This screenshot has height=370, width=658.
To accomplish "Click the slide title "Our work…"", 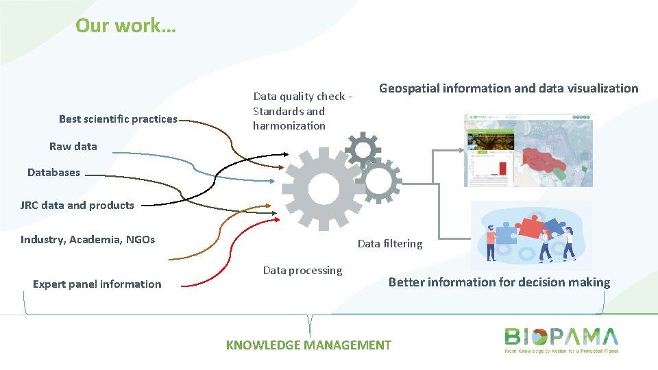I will (125, 25).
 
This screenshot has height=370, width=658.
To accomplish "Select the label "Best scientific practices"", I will (118, 119).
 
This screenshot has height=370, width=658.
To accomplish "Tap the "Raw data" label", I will (73, 146).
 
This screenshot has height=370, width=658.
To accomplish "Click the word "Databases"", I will (53, 173).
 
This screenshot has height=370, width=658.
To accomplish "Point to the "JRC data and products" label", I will (77, 205).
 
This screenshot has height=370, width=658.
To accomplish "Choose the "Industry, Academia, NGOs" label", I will (88, 239).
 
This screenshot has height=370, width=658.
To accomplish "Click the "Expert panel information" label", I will (97, 284).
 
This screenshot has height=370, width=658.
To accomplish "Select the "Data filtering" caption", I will (390, 243).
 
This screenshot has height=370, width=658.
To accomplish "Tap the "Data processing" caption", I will (302, 270).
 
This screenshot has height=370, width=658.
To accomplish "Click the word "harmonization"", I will (289, 125).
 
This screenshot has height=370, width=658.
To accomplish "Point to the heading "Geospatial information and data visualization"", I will (509, 88).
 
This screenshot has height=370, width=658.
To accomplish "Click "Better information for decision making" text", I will (499, 282).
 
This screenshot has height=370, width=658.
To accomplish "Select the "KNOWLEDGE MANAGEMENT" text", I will (308, 345).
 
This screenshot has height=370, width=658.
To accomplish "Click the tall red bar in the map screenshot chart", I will (502, 168).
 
